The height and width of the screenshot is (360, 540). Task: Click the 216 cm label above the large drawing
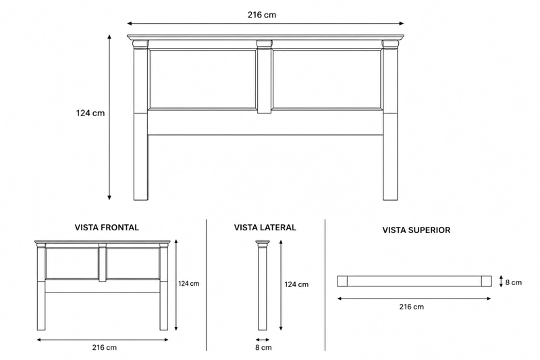coord(262,15)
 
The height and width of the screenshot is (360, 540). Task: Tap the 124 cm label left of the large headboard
coord(90,113)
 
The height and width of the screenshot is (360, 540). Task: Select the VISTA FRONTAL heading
coord(107,228)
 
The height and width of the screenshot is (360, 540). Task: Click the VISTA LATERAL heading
coord(265,228)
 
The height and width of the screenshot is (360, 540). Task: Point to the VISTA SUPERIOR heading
coord(416,230)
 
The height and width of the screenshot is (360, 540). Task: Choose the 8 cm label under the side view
coord(263,348)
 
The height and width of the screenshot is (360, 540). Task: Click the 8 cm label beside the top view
coord(514,282)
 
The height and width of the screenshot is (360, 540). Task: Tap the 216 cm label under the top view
coord(412,307)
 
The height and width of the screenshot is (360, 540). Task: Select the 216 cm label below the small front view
coord(105,347)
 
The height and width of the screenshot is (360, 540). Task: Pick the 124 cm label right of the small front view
coord(189,284)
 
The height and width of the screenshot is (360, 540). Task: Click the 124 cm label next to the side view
coord(296,284)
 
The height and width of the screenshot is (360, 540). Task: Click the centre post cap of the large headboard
coord(264,44)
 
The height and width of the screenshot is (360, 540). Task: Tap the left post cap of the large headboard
coord(141,44)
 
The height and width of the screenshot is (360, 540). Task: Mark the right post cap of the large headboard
coord(390,44)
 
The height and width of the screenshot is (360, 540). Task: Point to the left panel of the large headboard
coord(202,79)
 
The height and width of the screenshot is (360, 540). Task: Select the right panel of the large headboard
coord(327,79)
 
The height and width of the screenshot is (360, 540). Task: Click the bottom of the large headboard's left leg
coord(141,199)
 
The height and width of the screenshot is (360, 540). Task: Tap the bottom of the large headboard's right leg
coord(390,199)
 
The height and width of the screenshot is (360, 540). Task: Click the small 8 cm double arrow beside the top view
coord(502,281)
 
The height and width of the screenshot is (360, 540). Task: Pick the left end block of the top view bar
coord(342,281)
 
